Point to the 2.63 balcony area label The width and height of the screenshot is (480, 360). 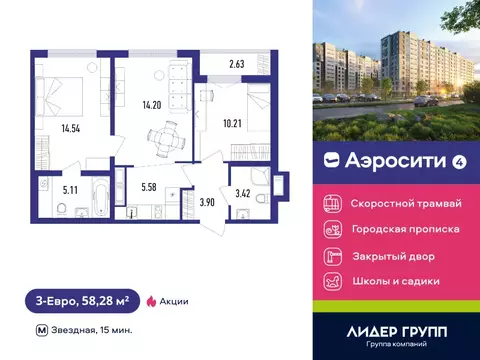point(236,65)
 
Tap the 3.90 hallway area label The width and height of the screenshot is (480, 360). point(207,202)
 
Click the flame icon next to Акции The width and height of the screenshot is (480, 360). point(151,300)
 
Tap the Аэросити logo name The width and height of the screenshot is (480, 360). point(382,159)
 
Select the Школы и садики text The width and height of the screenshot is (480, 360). point(396,281)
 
